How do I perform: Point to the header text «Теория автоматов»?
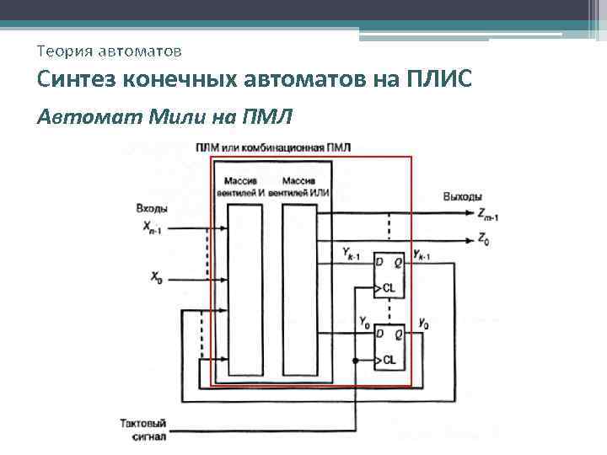point(109,51)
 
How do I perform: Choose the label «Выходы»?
point(463,197)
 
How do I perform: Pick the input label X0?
point(156,275)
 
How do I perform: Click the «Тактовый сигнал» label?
point(144,429)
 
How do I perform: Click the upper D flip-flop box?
point(389,275)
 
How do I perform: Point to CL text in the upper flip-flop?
point(389,288)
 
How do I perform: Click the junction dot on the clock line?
point(356,360)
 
